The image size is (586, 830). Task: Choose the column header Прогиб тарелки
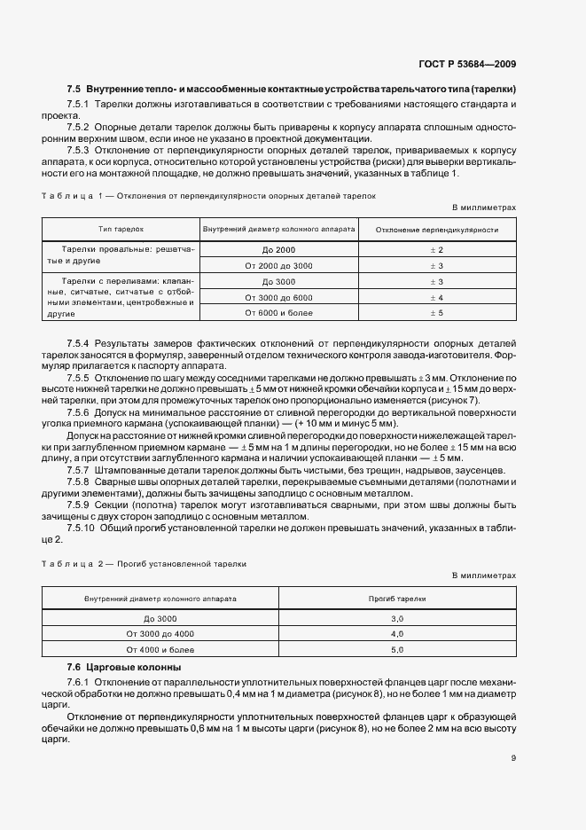pos(397,599)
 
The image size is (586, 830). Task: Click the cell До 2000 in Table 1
pos(278,250)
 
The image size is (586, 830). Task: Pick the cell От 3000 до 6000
pos(278,297)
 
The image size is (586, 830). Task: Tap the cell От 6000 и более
pos(278,312)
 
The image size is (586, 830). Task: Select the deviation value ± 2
pos(436,250)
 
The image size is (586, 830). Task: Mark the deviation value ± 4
pos(436,297)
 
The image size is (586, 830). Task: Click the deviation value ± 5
pos(436,312)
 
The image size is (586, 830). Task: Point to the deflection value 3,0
pos(397,618)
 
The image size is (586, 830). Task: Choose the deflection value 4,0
pos(397,634)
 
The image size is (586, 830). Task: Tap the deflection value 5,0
pos(397,649)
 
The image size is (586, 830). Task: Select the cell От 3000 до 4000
pos(160,634)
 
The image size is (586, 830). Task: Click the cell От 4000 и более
pos(160,649)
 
